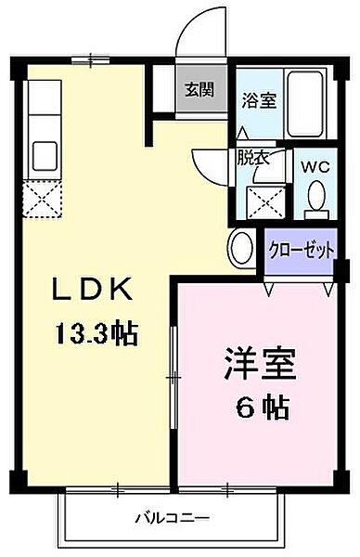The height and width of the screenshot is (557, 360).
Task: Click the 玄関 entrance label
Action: tap(198, 90)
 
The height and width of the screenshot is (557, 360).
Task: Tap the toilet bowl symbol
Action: tap(315, 196)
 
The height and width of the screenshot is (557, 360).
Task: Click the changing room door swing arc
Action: tap(208, 166)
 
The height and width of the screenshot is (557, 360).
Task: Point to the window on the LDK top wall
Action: tap(89, 62)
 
